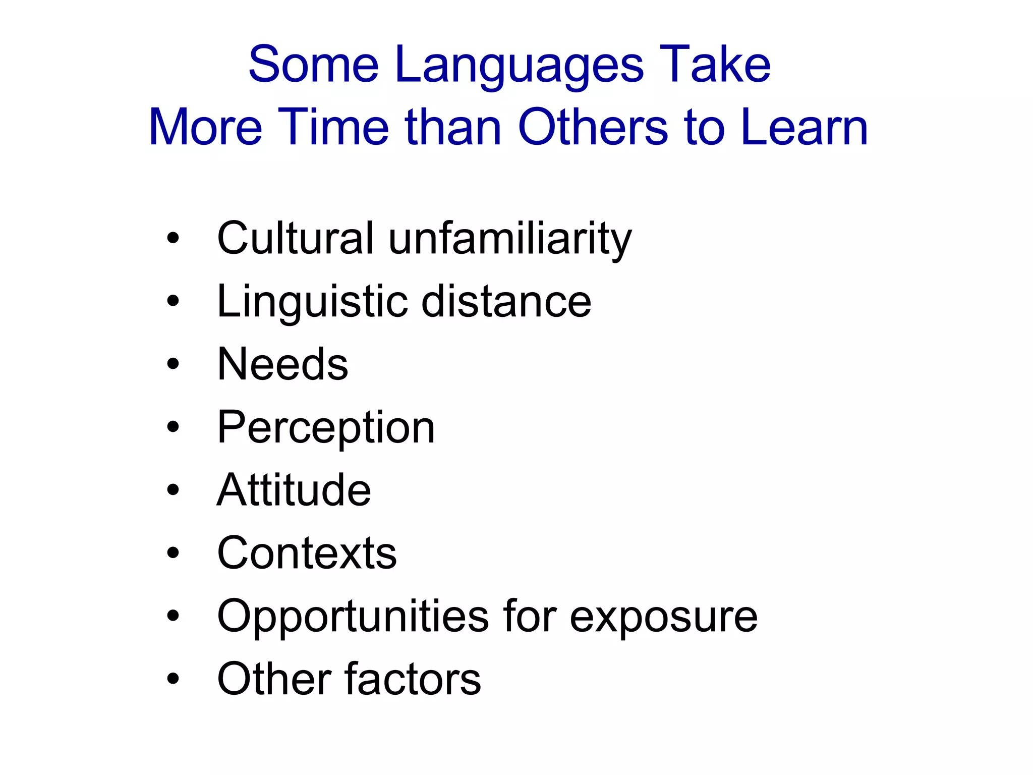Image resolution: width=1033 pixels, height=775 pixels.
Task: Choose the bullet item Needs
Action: pyautogui.click(x=282, y=364)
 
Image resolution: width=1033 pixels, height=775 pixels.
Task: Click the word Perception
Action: pyautogui.click(x=326, y=428)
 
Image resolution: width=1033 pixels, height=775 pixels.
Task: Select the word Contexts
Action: pyautogui.click(x=307, y=553)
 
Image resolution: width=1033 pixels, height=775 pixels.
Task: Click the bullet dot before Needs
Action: pyautogui.click(x=173, y=364)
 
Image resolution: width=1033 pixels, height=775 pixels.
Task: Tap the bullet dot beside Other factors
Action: pyautogui.click(x=173, y=679)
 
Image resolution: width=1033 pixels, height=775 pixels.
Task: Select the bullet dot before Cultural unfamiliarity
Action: pyautogui.click(x=173, y=238)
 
